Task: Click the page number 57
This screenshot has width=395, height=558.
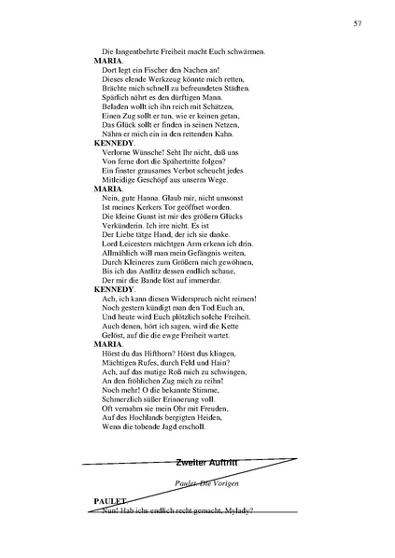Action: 358,22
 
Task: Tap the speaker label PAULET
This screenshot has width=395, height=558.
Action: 110,501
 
